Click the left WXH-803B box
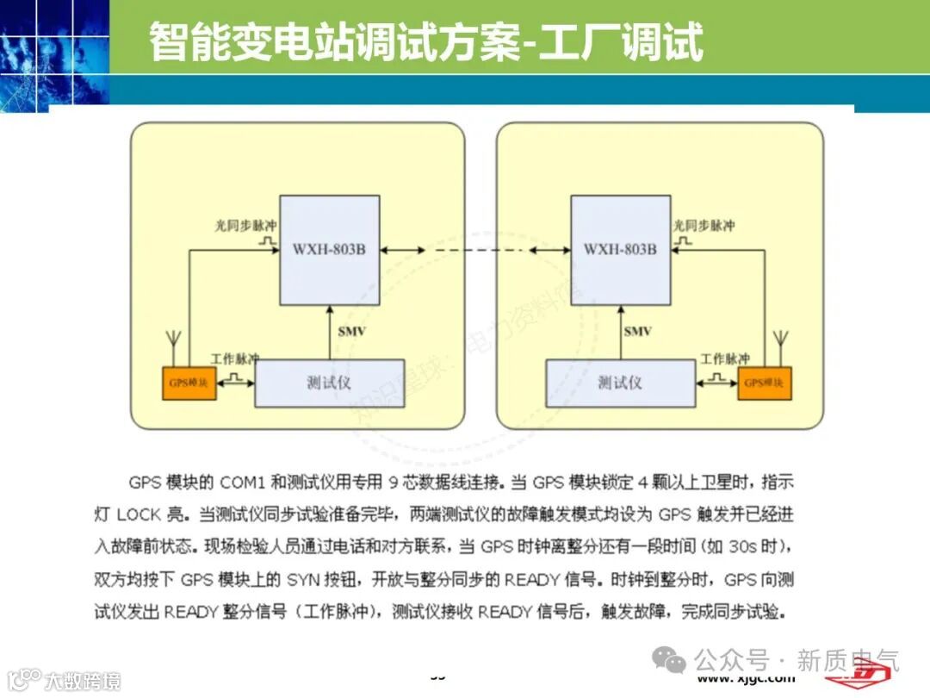[329, 250]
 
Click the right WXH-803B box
[620, 250]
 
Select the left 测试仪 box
[329, 383]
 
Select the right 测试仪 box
[620, 383]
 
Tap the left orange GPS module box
[189, 383]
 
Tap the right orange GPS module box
[765, 383]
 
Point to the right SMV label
[638, 332]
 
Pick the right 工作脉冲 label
[724, 358]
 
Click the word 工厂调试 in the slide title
[620, 42]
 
